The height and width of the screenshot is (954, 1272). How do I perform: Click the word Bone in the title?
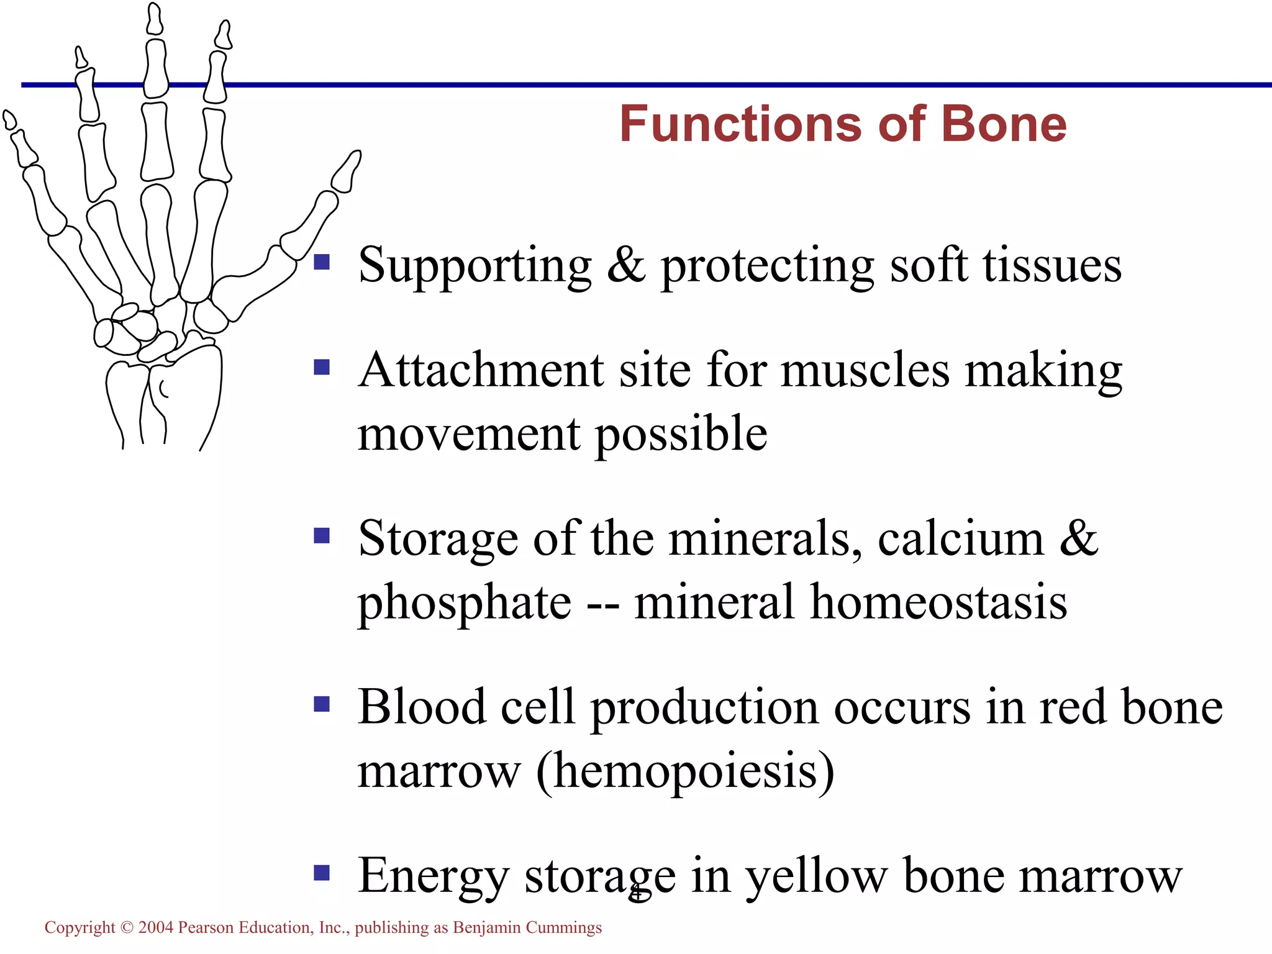[x=1004, y=124]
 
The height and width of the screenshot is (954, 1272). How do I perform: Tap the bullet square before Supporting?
[x=322, y=261]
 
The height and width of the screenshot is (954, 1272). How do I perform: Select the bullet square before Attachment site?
[x=322, y=367]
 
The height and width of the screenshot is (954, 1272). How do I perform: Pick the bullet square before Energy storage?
[x=322, y=873]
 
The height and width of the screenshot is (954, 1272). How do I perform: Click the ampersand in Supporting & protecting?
[x=626, y=265]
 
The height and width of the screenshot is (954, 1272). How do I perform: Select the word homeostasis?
[x=938, y=602]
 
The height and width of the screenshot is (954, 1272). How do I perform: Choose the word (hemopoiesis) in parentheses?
[x=685, y=771]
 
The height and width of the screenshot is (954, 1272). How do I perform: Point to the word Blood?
[x=422, y=707]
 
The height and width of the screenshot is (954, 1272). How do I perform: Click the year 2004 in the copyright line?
[x=155, y=927]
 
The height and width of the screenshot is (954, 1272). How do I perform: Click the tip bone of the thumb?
[x=347, y=171]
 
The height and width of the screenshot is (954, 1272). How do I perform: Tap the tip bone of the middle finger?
[x=155, y=19]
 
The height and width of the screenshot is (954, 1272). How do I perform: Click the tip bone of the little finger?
[x=9, y=119]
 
